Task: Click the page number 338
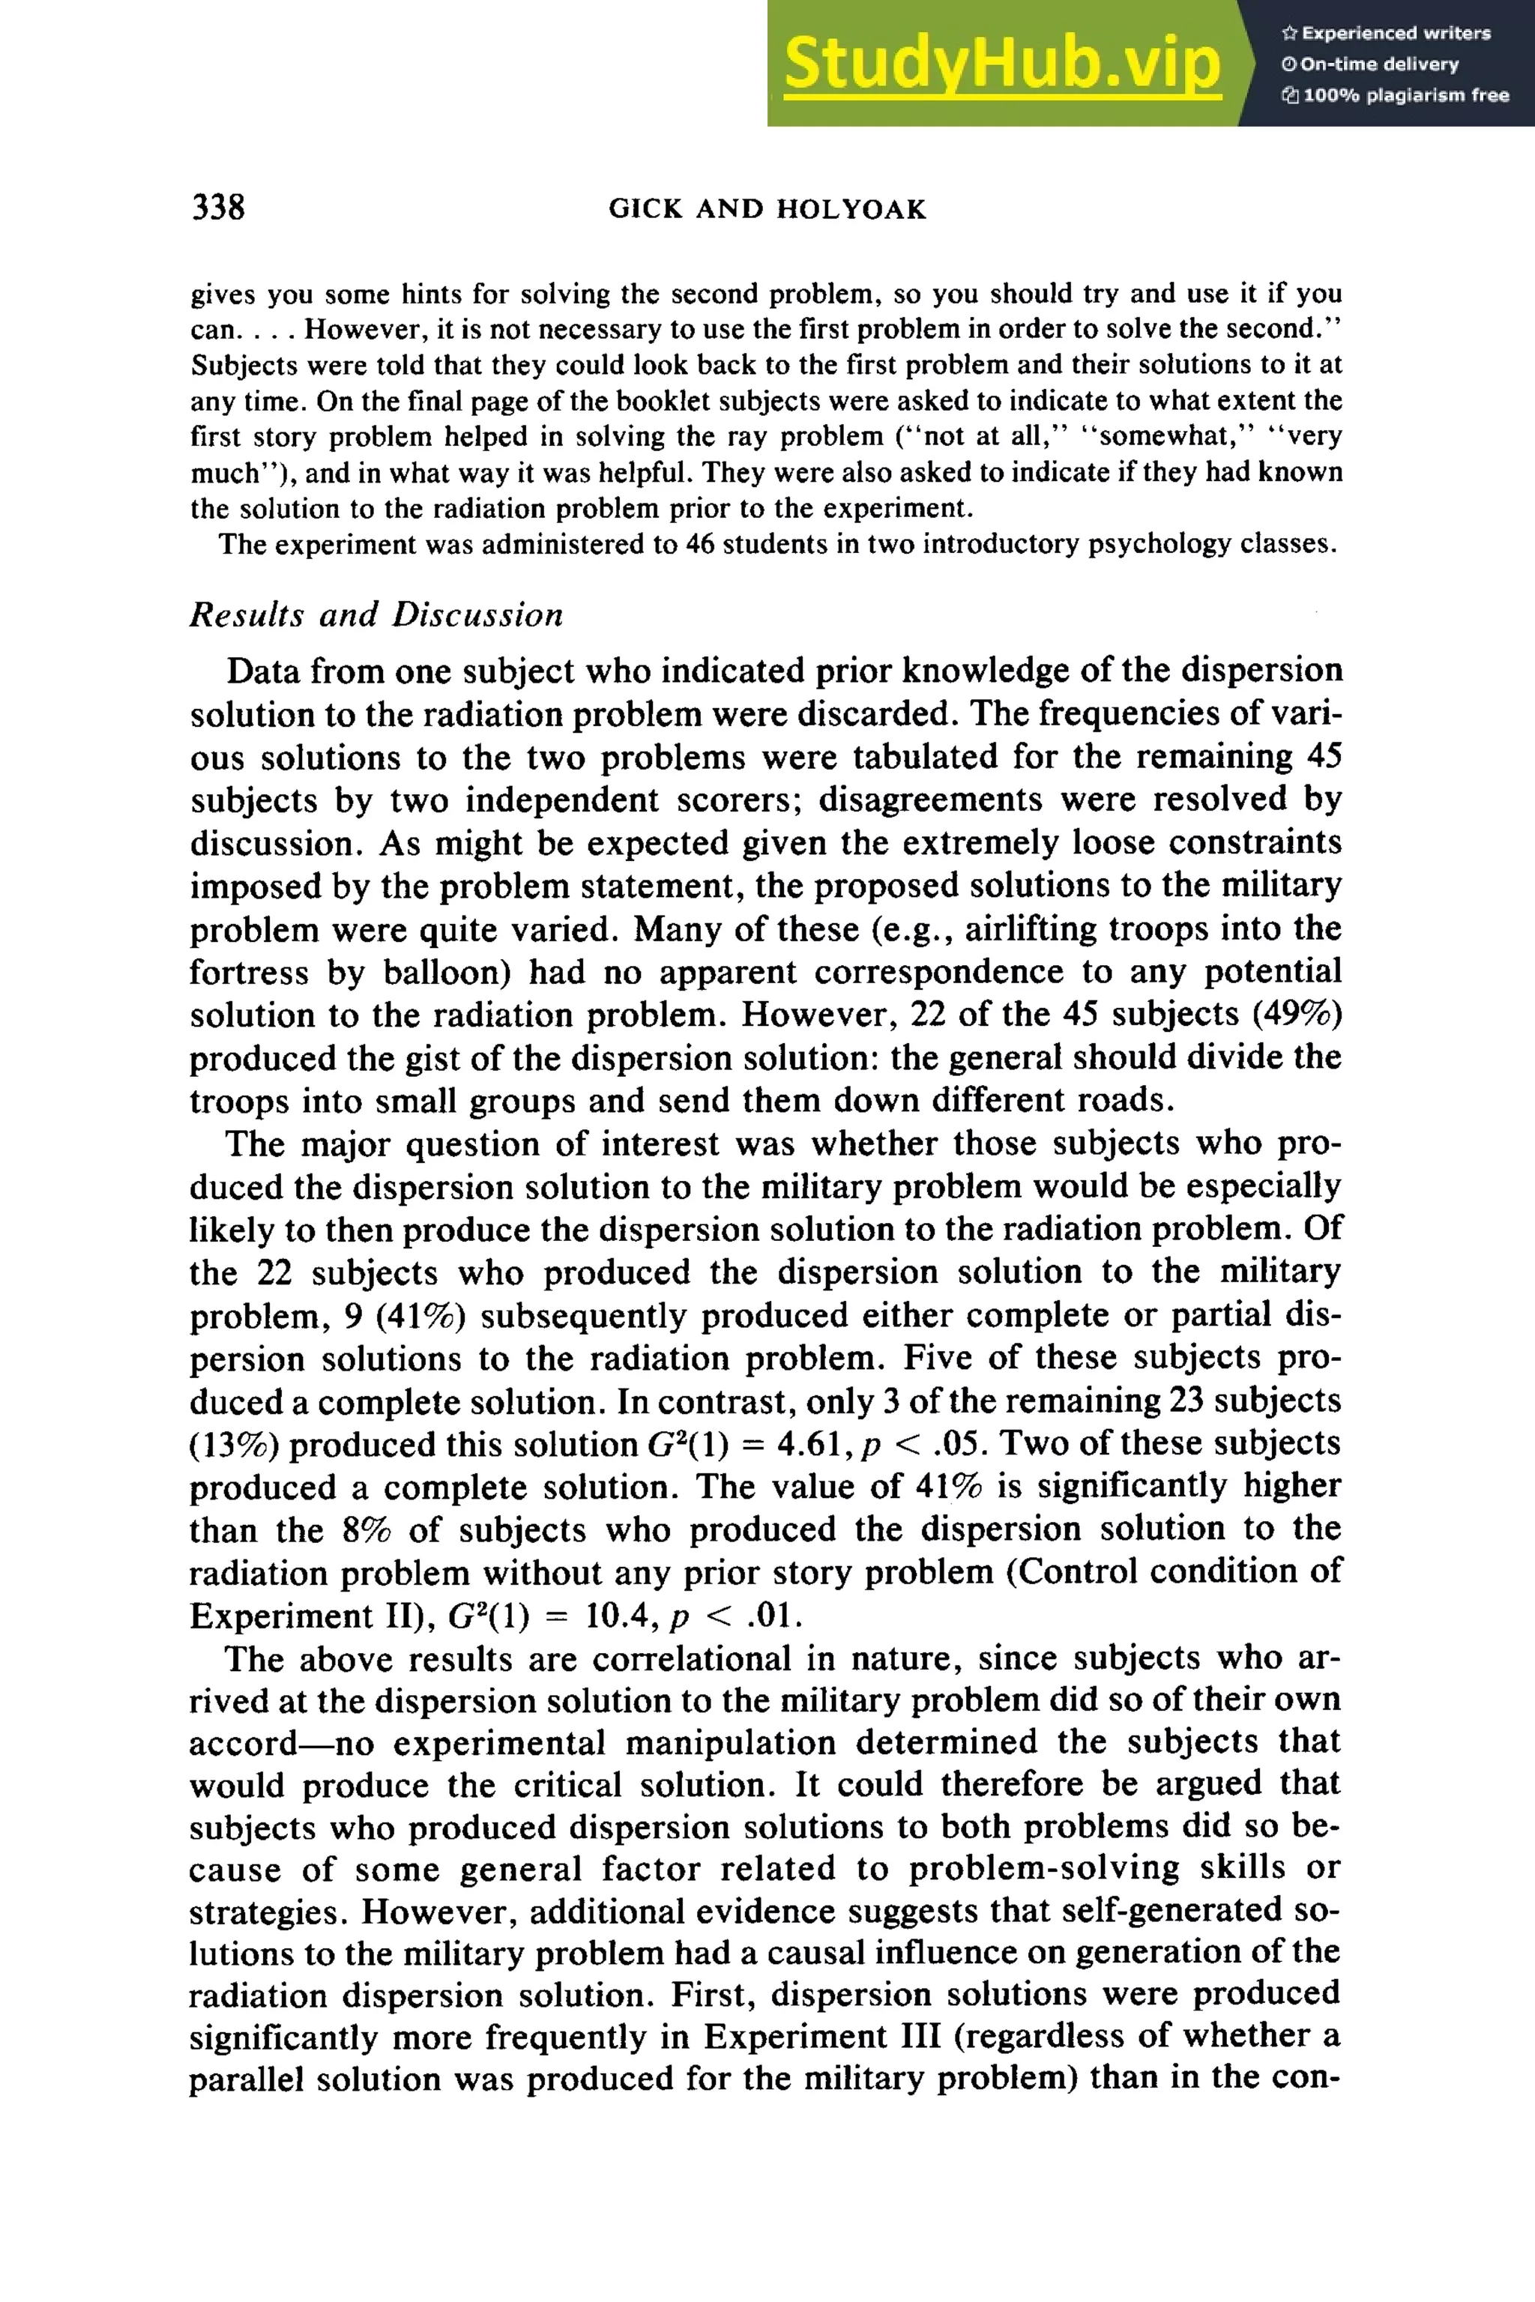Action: (218, 208)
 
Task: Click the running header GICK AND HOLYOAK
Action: (767, 210)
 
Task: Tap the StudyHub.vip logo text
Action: (1001, 64)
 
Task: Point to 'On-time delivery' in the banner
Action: (1379, 64)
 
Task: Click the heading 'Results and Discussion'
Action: (376, 614)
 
